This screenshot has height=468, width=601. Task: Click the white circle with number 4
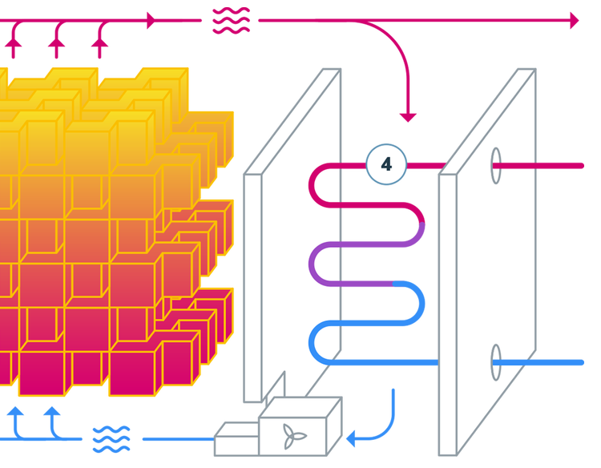[x=386, y=164]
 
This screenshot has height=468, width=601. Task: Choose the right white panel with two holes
[x=489, y=264]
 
